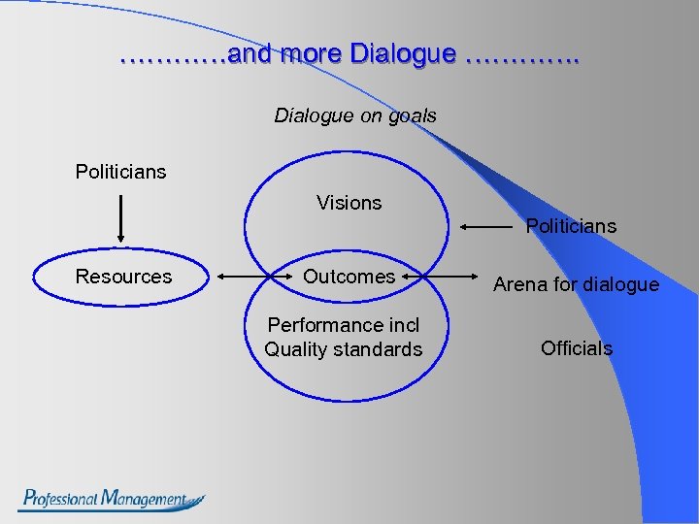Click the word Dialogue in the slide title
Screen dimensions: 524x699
(x=402, y=54)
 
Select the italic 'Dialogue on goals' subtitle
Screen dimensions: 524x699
(x=355, y=115)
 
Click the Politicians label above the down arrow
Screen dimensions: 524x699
(x=121, y=172)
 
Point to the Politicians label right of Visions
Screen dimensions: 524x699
(x=571, y=226)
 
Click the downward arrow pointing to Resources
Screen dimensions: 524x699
(x=120, y=218)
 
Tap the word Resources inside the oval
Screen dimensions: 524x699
(x=123, y=277)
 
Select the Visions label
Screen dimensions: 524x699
(x=349, y=203)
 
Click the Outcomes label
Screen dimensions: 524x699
(x=349, y=277)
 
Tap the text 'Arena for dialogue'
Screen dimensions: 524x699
(x=576, y=284)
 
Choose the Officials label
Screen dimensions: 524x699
(x=577, y=348)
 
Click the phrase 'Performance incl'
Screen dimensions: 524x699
(x=344, y=325)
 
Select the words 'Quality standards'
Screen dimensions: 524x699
(x=344, y=349)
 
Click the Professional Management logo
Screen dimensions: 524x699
(x=112, y=500)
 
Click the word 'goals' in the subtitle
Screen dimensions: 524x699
(x=413, y=115)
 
